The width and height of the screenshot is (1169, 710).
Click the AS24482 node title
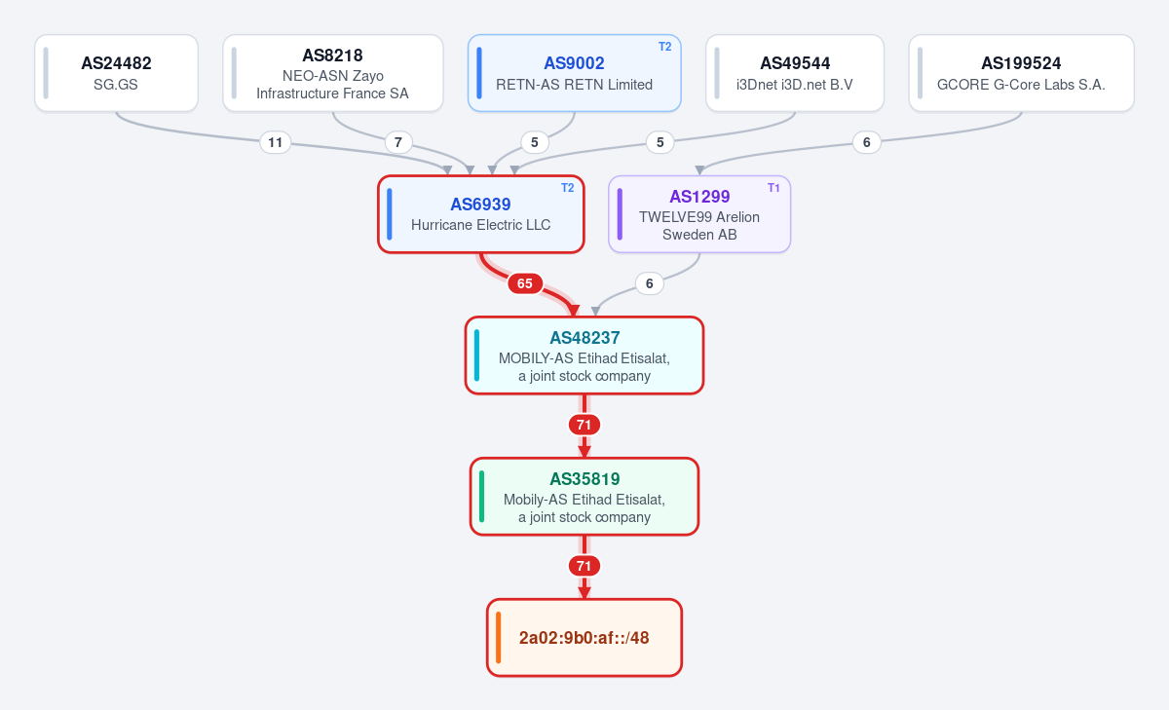tap(116, 63)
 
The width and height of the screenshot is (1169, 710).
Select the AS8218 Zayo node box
tap(333, 73)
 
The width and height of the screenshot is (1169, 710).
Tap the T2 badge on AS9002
tap(664, 47)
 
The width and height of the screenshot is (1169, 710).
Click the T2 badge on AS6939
tap(567, 188)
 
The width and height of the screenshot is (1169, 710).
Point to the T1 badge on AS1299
tap(773, 188)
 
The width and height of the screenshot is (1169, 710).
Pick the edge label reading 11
tap(275, 142)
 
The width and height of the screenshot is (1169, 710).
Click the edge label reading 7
tap(398, 142)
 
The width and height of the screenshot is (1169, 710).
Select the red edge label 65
tap(524, 283)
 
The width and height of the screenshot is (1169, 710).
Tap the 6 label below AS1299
tap(649, 283)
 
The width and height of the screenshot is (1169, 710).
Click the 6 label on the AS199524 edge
tap(866, 142)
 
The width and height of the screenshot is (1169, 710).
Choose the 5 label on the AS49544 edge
tap(660, 142)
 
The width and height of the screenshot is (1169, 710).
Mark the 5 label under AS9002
tap(535, 142)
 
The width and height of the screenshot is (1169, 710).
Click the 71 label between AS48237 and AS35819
tap(584, 425)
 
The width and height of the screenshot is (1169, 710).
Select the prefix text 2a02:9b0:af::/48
tap(584, 638)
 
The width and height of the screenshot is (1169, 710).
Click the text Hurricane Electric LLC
tap(480, 225)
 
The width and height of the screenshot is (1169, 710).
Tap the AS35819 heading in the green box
tap(584, 479)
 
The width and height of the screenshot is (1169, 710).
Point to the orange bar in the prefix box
tap(499, 638)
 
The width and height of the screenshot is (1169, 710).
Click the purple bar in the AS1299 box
tap(620, 214)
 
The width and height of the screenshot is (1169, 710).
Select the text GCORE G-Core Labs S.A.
tap(1021, 85)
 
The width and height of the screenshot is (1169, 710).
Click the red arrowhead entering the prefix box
tap(584, 592)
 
